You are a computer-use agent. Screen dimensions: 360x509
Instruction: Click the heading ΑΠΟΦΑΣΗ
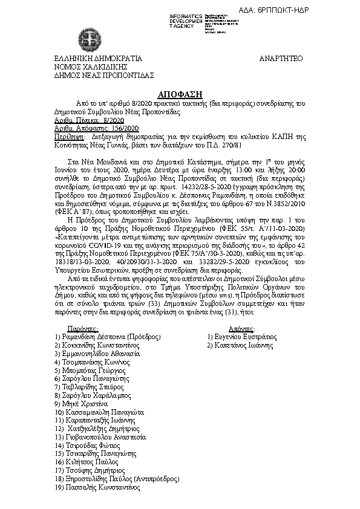[180, 96]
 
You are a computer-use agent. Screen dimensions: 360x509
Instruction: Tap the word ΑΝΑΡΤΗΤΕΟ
[281, 59]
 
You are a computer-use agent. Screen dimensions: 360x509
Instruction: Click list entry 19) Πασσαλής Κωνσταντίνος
[97, 487]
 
